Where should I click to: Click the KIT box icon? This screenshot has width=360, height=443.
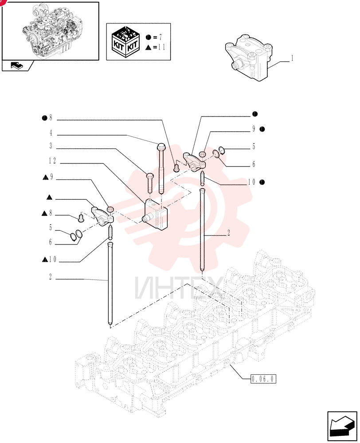(125, 42)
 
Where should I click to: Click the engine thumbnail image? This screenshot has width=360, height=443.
(51, 31)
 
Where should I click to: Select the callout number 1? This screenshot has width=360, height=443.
(292, 58)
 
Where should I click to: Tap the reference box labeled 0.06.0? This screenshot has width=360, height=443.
(263, 379)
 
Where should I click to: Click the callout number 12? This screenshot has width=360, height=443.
(52, 161)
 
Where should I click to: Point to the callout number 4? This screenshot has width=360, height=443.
(51, 133)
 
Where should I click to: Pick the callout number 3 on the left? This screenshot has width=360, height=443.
(51, 146)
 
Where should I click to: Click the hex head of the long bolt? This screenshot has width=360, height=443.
(161, 146)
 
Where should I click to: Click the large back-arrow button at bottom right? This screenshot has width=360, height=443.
(342, 426)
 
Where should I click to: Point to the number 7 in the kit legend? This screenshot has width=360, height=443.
(160, 37)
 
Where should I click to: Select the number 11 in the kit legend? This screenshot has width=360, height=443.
(161, 47)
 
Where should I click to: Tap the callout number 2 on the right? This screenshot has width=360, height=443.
(229, 233)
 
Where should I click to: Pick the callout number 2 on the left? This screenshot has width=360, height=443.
(51, 276)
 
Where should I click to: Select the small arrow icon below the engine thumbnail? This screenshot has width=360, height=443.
(17, 66)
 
